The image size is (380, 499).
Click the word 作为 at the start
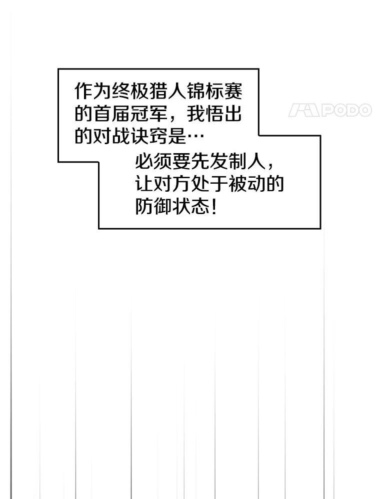93,91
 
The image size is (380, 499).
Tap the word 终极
130,91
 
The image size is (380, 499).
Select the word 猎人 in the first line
167,91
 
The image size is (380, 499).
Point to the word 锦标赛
214,91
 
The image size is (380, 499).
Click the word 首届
111,114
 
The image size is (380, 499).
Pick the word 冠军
149,114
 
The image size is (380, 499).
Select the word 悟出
223,114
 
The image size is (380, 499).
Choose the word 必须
154,162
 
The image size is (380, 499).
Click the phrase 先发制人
228,162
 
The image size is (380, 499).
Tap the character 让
144,184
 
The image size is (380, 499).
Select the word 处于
209,184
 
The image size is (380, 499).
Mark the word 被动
247,184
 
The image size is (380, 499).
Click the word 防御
154,207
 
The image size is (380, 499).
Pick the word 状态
191,207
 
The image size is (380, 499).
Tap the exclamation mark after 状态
214,207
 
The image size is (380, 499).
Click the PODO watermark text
346,110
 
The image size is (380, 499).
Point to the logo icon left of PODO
303,110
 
